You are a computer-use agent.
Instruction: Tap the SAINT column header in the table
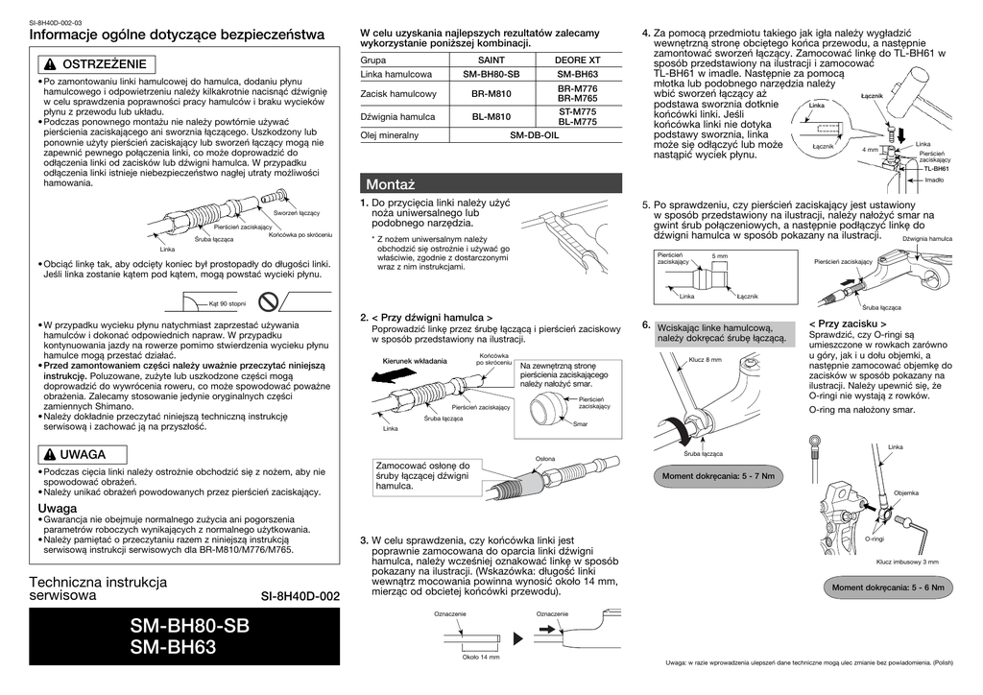point(491,60)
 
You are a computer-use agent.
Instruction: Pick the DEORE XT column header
point(577,60)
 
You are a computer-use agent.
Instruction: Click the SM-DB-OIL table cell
point(534,135)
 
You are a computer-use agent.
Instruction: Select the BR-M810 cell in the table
point(491,94)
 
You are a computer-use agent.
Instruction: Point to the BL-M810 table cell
point(491,117)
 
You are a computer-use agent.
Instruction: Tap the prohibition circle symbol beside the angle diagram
point(271,302)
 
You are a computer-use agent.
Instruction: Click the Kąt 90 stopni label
point(228,303)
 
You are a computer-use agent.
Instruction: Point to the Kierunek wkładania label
point(415,361)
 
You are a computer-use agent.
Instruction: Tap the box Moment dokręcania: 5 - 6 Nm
point(888,587)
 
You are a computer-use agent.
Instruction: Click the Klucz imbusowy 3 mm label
point(906,562)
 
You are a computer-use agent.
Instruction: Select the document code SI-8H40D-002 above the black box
point(300,596)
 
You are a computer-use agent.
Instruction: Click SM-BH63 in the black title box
point(173,648)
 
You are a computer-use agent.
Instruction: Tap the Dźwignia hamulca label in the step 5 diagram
point(926,238)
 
